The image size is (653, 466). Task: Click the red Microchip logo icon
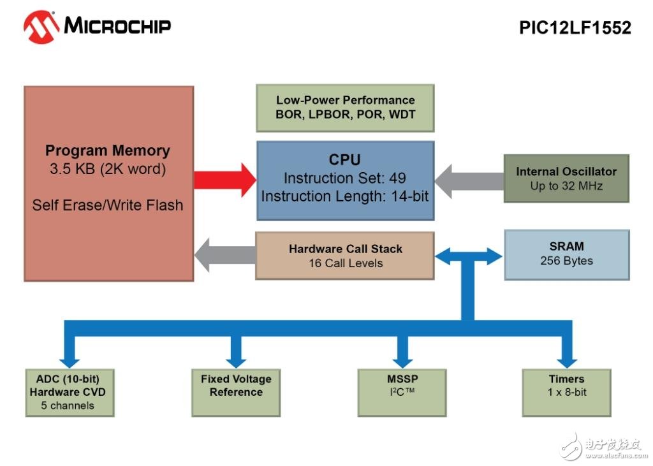click(40, 26)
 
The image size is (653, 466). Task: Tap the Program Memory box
click(108, 184)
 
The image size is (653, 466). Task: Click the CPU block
click(345, 180)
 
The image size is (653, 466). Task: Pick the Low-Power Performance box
click(345, 108)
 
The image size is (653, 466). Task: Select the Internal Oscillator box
click(566, 178)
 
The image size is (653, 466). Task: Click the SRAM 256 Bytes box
click(566, 254)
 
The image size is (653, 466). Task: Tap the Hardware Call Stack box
click(345, 256)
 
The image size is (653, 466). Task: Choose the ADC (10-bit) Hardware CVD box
click(70, 392)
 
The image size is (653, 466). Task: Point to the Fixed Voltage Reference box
click(236, 392)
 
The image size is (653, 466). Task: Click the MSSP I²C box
click(401, 392)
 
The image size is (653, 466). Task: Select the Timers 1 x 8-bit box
click(566, 392)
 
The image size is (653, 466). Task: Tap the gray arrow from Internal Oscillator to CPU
click(469, 180)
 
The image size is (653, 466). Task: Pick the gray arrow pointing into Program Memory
click(224, 255)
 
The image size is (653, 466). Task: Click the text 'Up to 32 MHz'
click(566, 186)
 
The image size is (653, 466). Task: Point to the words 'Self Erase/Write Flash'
click(108, 205)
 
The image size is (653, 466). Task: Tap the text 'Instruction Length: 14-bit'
click(345, 196)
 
